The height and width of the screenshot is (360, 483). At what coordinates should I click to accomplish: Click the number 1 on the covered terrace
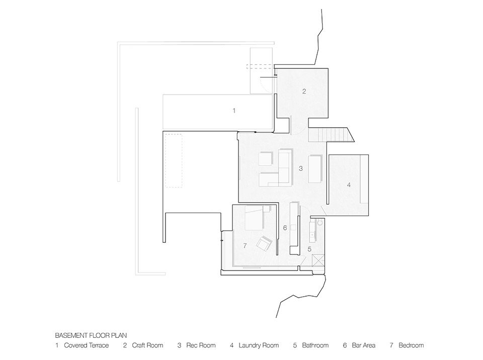pos(234,110)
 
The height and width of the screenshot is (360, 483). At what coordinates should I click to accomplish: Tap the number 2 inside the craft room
pos(304,91)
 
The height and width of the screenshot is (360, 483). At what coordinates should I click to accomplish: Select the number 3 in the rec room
pos(301,168)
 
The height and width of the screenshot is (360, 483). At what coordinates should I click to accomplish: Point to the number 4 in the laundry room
pos(349,185)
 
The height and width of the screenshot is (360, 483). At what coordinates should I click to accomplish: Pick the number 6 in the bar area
pos(285,228)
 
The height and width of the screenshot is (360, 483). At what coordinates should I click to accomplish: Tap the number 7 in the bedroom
pos(245,246)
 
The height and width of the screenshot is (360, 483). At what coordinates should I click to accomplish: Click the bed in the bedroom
pos(255,218)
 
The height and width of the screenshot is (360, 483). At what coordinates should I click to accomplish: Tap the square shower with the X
pos(318,261)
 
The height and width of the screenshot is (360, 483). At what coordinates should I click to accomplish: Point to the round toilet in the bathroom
pos(319,222)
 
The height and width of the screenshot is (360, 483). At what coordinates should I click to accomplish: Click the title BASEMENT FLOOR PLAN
pos(91,335)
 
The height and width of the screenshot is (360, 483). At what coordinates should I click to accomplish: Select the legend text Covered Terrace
pos(86,345)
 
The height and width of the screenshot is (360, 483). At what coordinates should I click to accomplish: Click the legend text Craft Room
pos(147,345)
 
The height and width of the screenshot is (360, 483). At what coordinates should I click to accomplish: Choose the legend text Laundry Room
pos(259,345)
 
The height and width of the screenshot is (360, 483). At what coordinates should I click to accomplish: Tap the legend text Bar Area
pos(363,345)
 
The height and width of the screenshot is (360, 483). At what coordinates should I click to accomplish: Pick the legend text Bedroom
pos(411,345)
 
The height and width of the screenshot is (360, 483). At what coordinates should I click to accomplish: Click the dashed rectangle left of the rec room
pos(174,160)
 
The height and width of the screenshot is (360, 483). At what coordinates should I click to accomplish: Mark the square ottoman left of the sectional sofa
pos(266,158)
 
